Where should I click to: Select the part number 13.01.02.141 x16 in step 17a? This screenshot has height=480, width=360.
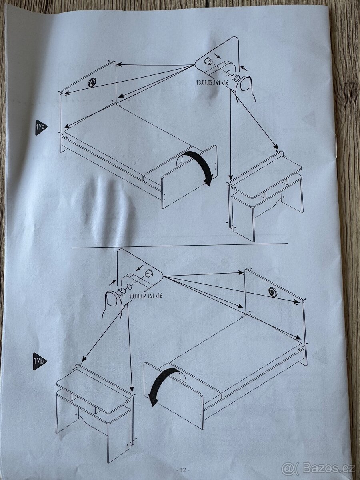(212, 83)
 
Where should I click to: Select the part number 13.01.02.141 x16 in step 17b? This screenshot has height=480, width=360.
(146, 296)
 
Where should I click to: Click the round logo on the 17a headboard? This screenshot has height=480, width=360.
(92, 83)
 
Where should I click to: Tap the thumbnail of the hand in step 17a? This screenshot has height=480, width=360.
(246, 85)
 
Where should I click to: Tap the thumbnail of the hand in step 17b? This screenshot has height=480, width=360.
(112, 299)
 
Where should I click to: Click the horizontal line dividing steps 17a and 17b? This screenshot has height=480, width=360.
(180, 245)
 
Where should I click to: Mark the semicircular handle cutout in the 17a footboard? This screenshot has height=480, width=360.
(181, 159)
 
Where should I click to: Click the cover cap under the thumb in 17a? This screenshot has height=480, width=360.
(236, 77)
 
